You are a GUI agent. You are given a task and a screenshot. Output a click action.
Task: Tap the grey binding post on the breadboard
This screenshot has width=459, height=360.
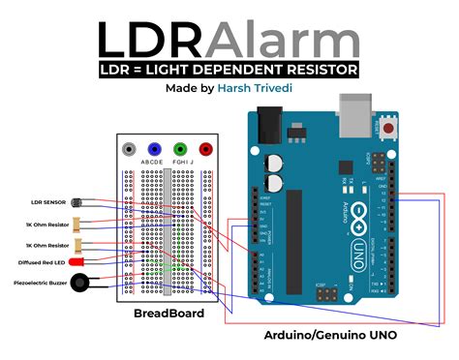point(128,150)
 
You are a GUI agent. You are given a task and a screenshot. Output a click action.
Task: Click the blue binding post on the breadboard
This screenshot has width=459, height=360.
point(153,150)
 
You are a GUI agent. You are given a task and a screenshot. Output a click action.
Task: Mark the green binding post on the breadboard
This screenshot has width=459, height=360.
point(179,150)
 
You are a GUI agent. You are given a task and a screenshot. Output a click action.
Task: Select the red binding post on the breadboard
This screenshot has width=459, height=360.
point(204,150)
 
